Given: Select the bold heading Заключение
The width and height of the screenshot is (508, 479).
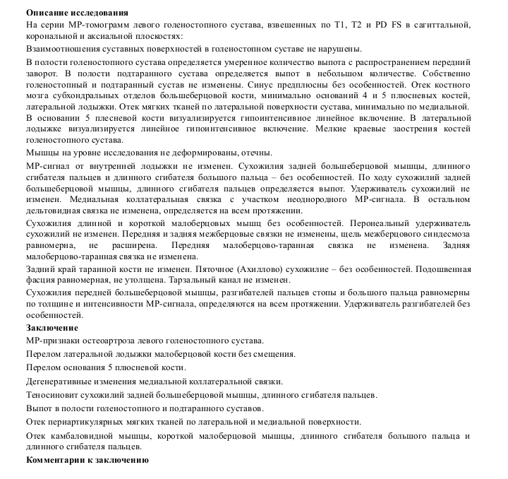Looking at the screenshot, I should click(52, 328).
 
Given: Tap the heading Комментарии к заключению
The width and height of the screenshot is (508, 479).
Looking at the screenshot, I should click(87, 460).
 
